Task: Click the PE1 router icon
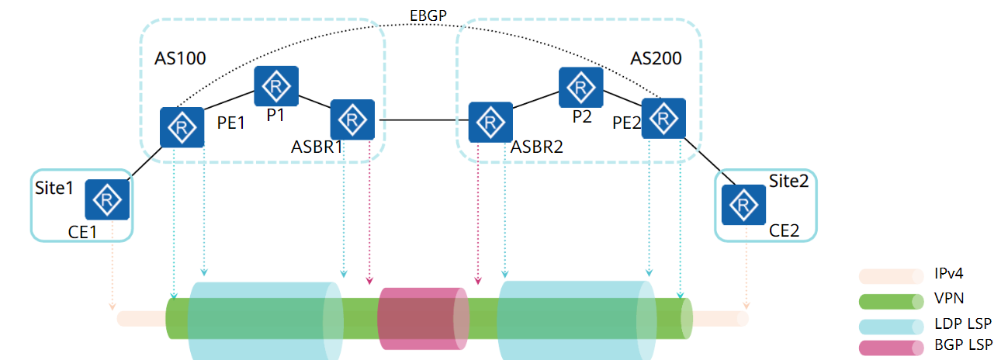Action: pos(182,128)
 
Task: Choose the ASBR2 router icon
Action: pos(490,123)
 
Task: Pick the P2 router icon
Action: pos(580,88)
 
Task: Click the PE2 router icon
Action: pos(663,119)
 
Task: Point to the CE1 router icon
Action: pos(106,201)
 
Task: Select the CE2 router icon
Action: pos(743,205)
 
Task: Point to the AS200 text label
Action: pos(656,58)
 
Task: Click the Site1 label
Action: pos(54,189)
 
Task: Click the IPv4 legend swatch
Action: pos(891,275)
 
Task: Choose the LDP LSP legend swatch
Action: pos(891,325)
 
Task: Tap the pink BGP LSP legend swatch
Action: pos(891,348)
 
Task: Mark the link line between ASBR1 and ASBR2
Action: pos(422,120)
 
